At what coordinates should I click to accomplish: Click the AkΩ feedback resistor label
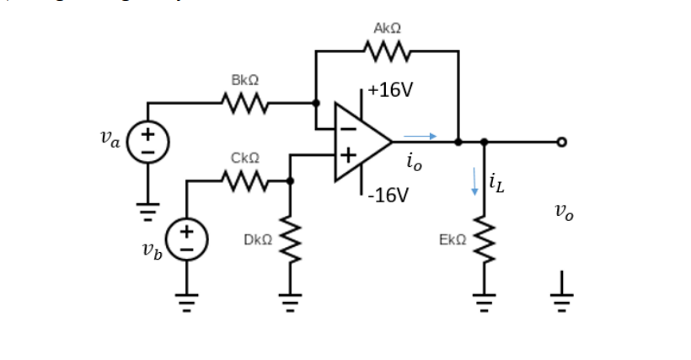point(387,30)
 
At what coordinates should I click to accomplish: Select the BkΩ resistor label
point(244,80)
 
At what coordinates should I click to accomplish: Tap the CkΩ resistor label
point(244,158)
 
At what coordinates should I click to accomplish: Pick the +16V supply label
point(390,90)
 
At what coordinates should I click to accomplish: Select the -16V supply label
point(390,196)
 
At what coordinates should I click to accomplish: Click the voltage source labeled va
point(148,142)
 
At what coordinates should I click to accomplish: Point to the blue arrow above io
point(420,135)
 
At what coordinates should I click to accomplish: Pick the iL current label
point(498,185)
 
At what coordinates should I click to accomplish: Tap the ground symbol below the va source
point(148,211)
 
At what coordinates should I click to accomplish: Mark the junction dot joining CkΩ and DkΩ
point(290,180)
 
